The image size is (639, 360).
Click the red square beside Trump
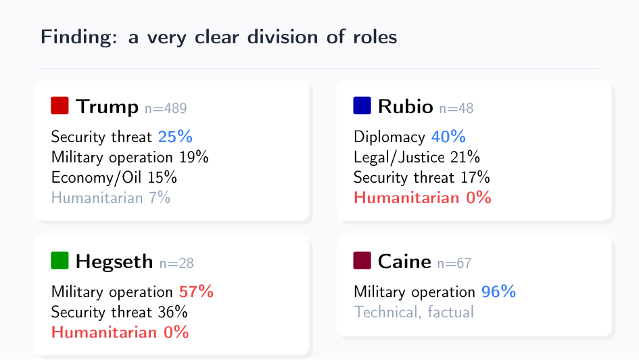click(x=60, y=106)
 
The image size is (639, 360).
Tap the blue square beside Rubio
click(x=362, y=106)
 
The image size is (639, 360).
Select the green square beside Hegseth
click(x=60, y=261)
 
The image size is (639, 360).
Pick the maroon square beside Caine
click(x=362, y=261)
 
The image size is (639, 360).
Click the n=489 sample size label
click(x=166, y=108)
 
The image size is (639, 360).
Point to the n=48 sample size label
click(x=456, y=108)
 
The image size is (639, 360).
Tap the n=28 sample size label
click(x=176, y=264)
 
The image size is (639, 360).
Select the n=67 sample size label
click(x=454, y=264)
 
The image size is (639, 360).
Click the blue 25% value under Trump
click(x=175, y=137)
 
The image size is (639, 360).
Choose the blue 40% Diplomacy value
click(x=448, y=137)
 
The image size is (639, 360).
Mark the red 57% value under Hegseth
click(x=196, y=292)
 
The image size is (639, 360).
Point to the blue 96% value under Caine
click(x=498, y=292)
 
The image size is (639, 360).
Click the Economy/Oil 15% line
click(x=114, y=177)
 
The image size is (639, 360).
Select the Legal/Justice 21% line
click(x=417, y=157)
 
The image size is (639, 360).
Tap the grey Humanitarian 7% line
click(x=110, y=198)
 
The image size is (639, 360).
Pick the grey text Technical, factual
click(x=413, y=312)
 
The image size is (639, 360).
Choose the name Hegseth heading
click(x=114, y=261)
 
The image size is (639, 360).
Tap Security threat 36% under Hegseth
click(x=119, y=312)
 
